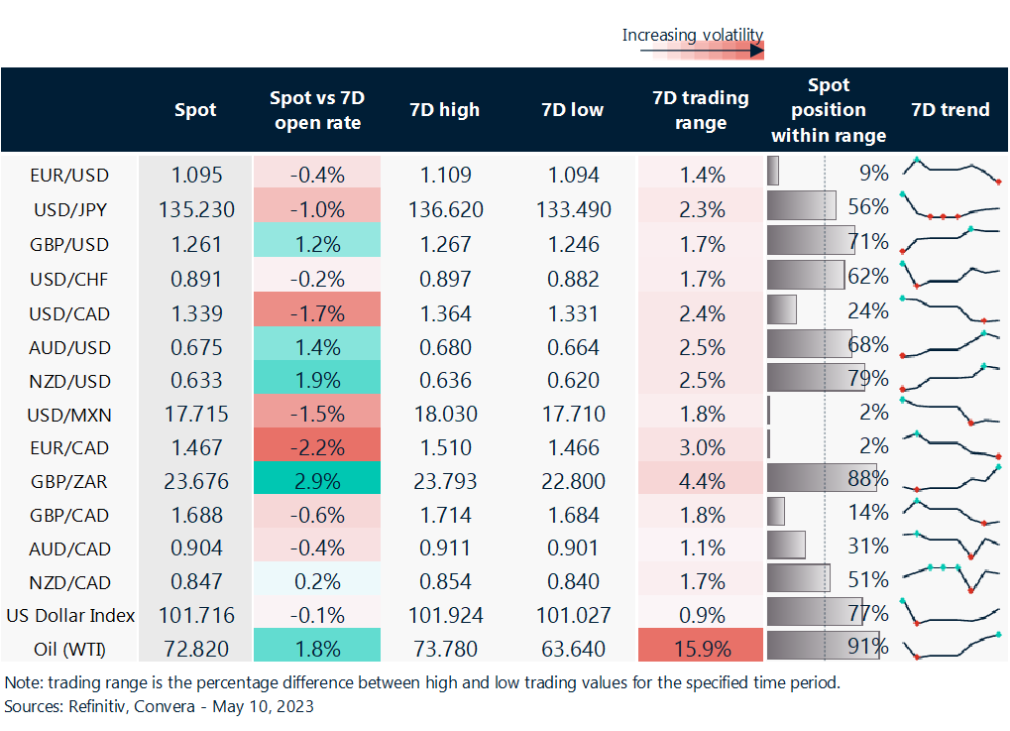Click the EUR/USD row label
coord(69,176)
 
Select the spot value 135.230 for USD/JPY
coord(195,209)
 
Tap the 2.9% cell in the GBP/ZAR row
coord(317,482)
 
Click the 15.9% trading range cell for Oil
coord(702,649)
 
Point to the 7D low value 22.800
coord(573,482)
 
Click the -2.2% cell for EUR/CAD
coord(317,447)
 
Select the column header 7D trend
coord(950,110)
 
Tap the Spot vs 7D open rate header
coord(317,110)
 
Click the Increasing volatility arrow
coord(693,51)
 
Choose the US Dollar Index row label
coord(69,615)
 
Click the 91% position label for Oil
coord(868,649)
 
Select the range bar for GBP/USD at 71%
coord(811,243)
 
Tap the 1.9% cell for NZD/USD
coord(317,381)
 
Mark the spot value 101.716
coord(195,615)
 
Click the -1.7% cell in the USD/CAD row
coord(317,313)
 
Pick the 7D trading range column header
coord(702,110)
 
